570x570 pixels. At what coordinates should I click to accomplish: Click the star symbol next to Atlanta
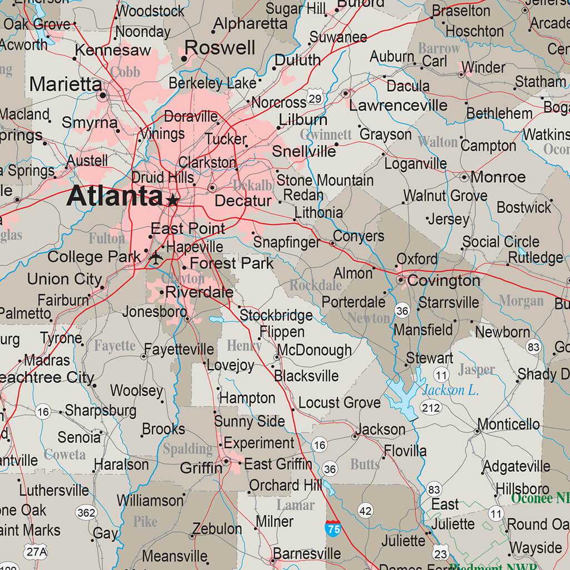pos(173,199)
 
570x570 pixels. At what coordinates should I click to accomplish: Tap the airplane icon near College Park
pos(156,258)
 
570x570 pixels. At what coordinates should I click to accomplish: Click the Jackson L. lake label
pos(450,390)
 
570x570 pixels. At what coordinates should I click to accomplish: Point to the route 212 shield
pos(431,407)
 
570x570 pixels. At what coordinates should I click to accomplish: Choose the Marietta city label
pos(66,85)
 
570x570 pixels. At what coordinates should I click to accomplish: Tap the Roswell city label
pos(220,48)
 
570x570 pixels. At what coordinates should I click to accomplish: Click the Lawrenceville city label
pos(398,105)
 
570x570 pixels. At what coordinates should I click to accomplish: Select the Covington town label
pos(443,281)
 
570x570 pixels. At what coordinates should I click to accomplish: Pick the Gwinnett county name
pos(326,135)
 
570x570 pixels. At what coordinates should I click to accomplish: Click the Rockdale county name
pos(315,286)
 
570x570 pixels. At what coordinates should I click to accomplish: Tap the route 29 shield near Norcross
pos(315,99)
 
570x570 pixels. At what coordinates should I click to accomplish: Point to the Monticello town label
pos(508,425)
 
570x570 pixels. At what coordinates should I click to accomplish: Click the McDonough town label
pos(314,350)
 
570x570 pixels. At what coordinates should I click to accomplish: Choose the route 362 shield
pos(87,513)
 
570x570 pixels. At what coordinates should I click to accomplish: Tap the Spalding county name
pos(188,449)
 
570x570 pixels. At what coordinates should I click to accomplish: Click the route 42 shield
pos(366,510)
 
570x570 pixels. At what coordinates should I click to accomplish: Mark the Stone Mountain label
pos(325,180)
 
